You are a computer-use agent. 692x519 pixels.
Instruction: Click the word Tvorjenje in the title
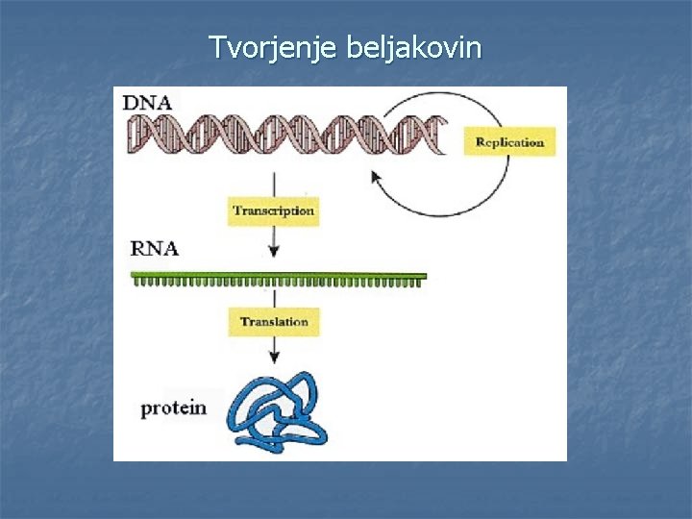tap(271, 46)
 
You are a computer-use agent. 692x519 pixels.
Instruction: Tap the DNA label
tap(142, 102)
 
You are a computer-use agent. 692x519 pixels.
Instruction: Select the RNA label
tap(154, 248)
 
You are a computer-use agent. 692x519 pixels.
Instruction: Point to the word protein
tap(173, 408)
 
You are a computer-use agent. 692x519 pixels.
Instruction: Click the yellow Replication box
tap(509, 142)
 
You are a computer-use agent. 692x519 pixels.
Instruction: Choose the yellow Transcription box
tap(273, 210)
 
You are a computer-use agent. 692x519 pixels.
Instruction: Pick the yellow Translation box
tap(274, 321)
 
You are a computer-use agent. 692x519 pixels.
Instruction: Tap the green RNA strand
tap(279, 279)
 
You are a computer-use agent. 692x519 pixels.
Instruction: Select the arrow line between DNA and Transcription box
tap(274, 183)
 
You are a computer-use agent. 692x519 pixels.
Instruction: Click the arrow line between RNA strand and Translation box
tap(274, 296)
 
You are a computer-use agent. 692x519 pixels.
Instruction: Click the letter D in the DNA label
tap(130, 102)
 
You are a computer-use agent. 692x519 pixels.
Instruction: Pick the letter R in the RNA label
tap(139, 248)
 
